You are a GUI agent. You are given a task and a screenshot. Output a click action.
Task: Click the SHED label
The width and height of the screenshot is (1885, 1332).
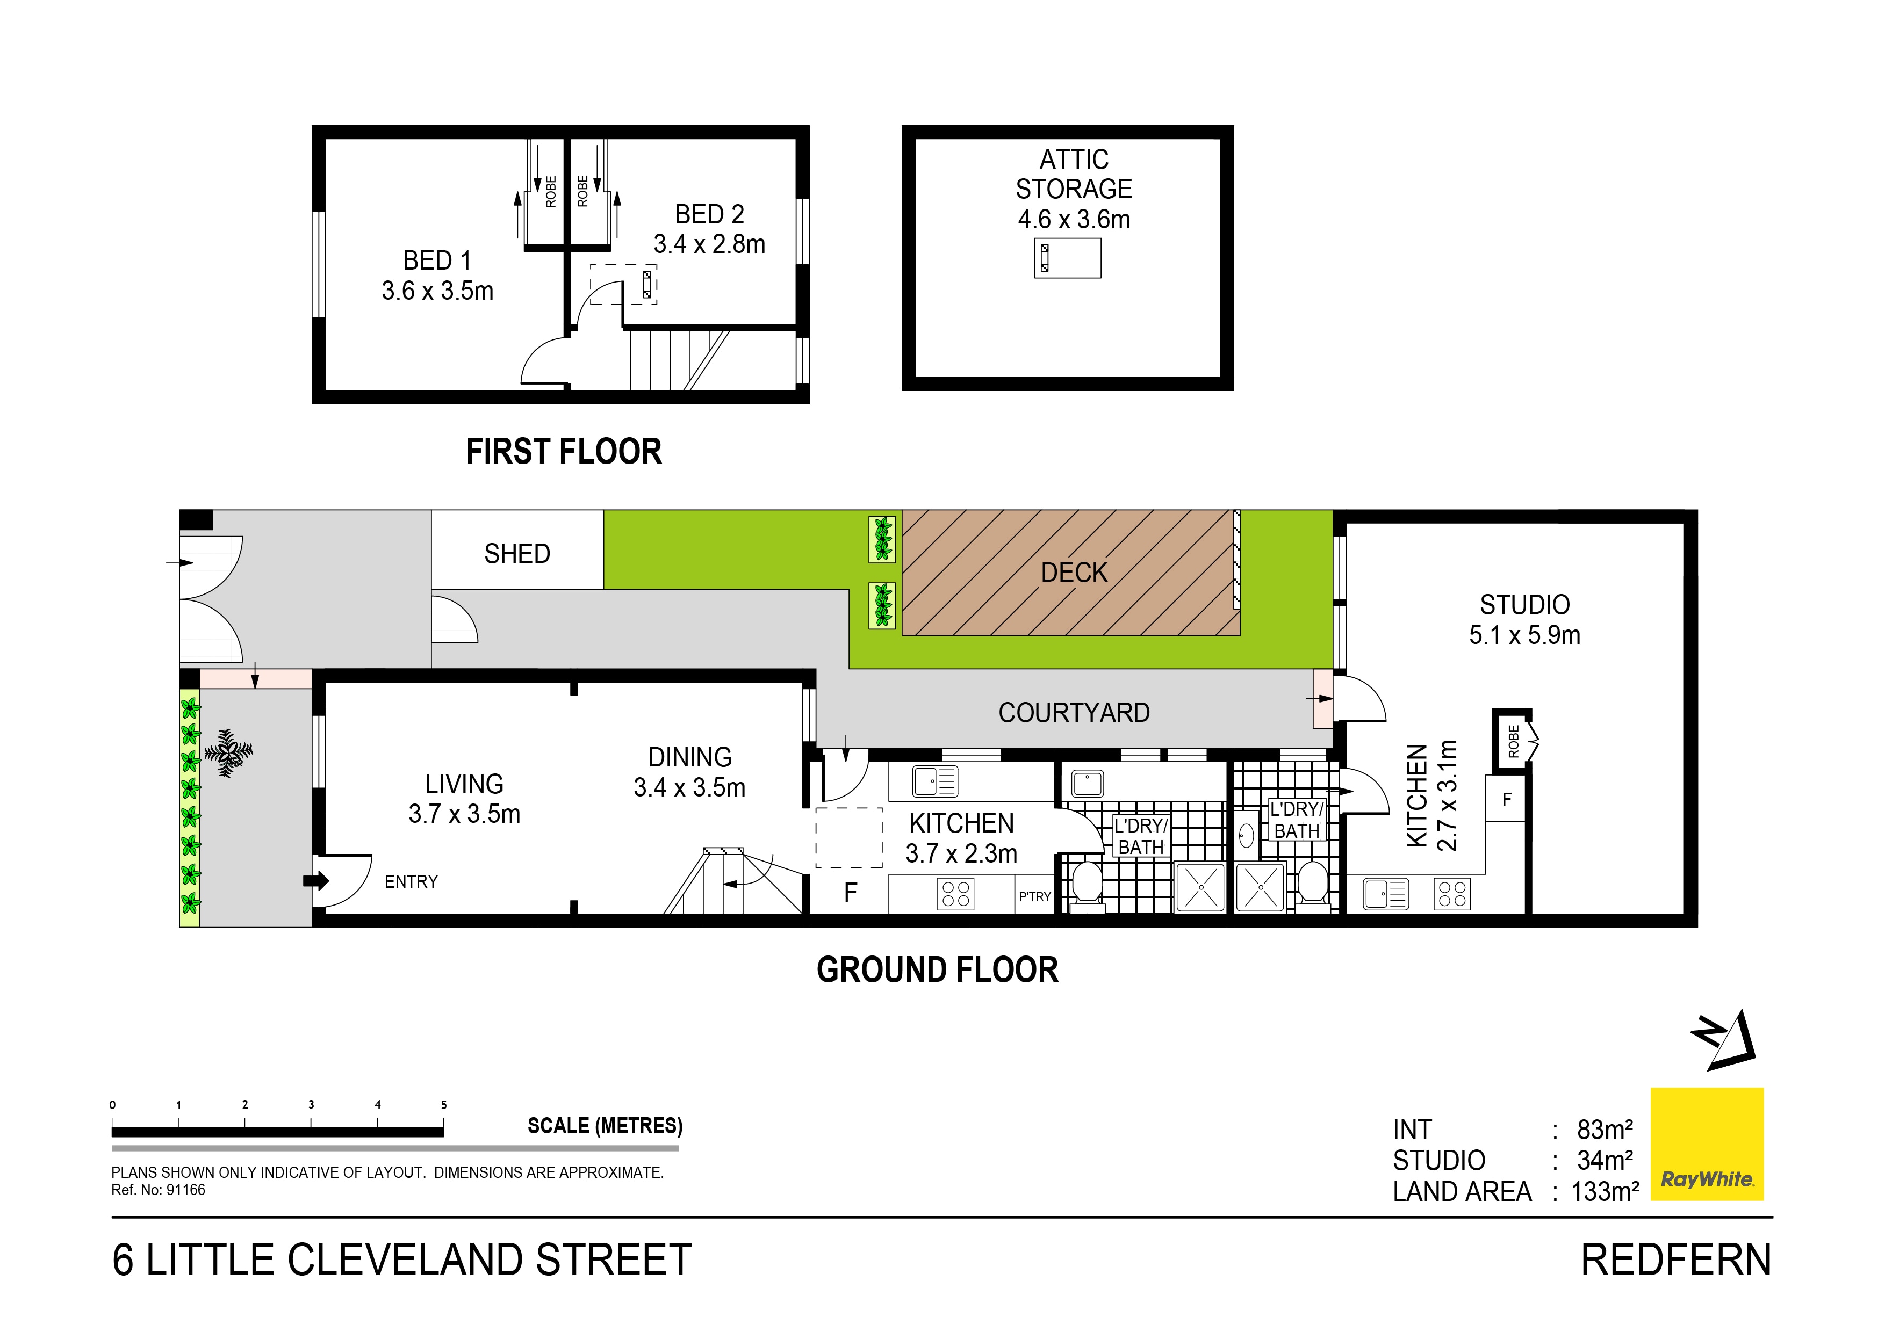coord(517,554)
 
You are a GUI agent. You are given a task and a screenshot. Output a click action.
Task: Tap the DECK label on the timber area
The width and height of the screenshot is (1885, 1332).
coord(1074,573)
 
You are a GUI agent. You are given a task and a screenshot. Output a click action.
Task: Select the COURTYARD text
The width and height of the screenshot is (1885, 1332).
coord(1074,712)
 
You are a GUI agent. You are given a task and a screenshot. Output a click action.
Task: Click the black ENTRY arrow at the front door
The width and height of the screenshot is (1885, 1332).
coord(316,881)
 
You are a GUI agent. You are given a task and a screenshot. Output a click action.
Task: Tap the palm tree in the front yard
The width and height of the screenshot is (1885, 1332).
coord(229,752)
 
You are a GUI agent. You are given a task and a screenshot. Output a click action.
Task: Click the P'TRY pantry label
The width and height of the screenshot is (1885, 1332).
coord(1034,897)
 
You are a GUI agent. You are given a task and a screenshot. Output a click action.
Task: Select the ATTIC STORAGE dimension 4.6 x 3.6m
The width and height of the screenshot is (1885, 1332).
coord(1074,219)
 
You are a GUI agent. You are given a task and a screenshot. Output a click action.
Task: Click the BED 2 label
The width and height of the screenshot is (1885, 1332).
coord(709,214)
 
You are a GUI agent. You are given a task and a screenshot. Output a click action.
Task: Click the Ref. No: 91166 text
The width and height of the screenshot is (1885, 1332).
coord(159,1190)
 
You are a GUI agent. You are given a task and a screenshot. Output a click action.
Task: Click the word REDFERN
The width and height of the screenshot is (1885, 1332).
coord(1677,1261)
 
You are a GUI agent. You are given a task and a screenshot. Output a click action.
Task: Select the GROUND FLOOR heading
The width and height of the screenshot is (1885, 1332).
coord(938,970)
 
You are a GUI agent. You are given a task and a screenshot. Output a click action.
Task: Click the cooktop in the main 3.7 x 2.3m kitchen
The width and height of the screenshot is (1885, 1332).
coord(955,894)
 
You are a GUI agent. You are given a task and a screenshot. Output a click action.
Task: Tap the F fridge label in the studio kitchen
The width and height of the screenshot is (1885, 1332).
coord(1507,799)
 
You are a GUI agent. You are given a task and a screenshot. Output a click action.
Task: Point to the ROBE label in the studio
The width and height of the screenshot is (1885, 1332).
coord(1513,741)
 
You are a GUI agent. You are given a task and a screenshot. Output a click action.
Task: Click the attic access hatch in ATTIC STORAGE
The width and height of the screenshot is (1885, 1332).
coord(1067,258)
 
